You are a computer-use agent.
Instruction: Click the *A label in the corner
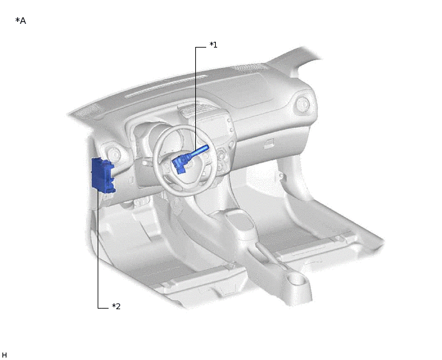[x=21, y=21]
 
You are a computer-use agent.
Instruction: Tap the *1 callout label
[x=213, y=44]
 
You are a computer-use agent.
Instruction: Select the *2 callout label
[x=116, y=306]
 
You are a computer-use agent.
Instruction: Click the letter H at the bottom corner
[x=4, y=355]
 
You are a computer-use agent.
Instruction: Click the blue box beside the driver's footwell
[x=103, y=176]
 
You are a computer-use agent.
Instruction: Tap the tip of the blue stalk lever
[x=207, y=147]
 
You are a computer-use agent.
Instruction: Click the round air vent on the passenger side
[x=303, y=104]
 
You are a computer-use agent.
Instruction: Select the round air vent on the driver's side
[x=114, y=154]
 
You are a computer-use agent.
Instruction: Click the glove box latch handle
[x=269, y=144]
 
